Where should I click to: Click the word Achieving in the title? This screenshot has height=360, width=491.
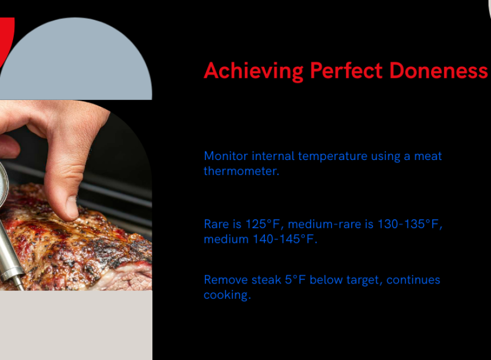253,71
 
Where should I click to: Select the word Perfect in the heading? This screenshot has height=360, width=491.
347,70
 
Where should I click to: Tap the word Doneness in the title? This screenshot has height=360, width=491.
438,70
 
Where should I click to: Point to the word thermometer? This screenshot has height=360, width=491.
241,171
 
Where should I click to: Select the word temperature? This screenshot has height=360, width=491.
332,157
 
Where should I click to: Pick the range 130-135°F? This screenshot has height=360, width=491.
409,225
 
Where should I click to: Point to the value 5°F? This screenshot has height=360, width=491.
295,280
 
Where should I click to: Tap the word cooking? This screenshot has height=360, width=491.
227,295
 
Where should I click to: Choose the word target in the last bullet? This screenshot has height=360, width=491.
364,281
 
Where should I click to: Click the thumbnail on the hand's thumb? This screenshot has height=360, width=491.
73,207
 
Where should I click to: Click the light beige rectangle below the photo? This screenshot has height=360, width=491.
76,325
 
